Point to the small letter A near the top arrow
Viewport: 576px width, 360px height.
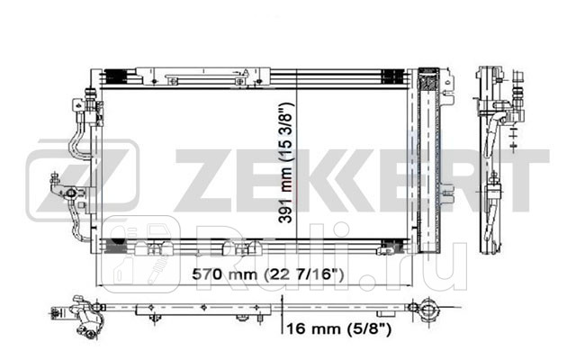pos(245,73)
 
